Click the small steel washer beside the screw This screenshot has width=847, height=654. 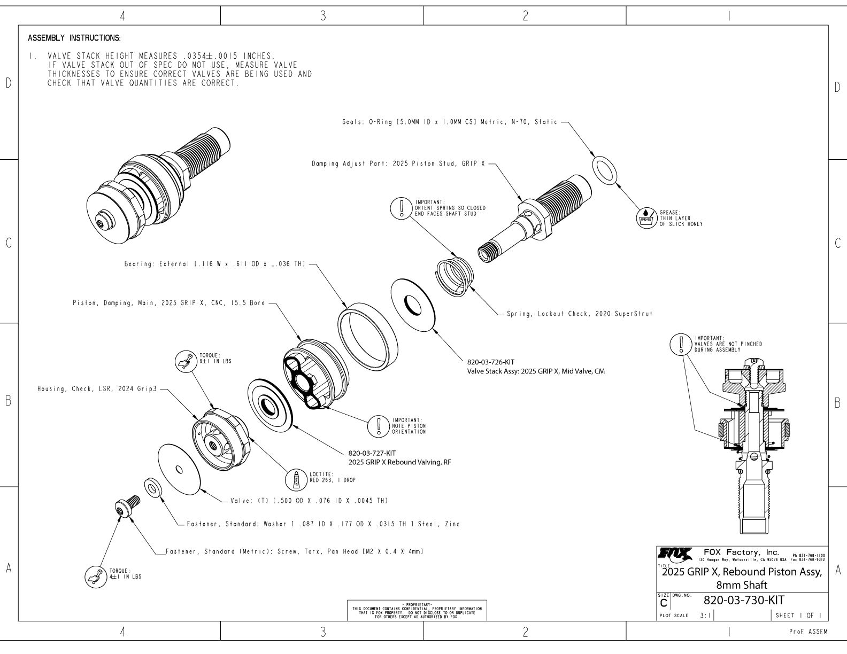click(154, 488)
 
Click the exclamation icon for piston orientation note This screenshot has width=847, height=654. click(379, 426)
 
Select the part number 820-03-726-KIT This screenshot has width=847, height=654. click(490, 362)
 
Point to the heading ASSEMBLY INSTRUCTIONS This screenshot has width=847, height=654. click(74, 38)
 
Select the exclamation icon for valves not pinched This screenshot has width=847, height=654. click(681, 344)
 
